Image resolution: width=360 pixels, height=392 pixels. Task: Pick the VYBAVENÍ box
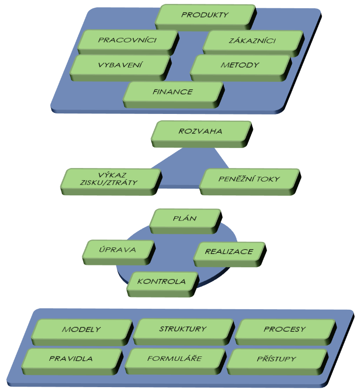click(120, 68)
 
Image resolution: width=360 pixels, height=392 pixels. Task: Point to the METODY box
click(241, 68)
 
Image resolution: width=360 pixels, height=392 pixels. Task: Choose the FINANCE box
click(173, 95)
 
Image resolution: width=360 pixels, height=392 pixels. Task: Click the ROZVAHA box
click(202, 134)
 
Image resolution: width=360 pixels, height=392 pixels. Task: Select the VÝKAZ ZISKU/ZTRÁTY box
click(111, 182)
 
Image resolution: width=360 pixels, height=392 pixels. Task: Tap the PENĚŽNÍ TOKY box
click(250, 182)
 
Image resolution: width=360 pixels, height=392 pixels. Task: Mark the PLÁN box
click(186, 221)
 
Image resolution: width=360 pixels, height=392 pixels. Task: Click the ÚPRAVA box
click(118, 252)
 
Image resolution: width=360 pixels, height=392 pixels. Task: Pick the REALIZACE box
click(229, 254)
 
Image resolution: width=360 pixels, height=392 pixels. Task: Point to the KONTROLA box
click(163, 284)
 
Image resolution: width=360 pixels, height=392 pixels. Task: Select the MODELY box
click(82, 332)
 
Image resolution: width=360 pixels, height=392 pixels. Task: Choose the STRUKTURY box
click(184, 332)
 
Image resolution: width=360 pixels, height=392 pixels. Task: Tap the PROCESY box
click(285, 332)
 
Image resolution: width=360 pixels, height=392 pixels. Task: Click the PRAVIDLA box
click(72, 361)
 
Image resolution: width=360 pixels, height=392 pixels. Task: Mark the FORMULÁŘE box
click(175, 361)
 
